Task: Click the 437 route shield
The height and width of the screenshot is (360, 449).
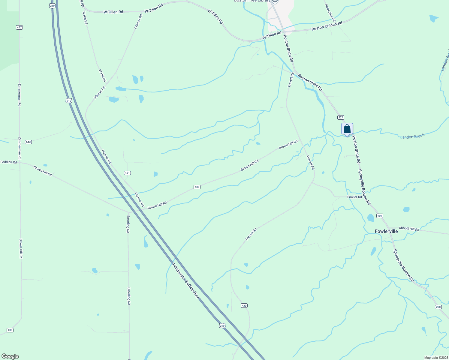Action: pos(20,27)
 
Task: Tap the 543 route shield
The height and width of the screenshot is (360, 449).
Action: pos(28,142)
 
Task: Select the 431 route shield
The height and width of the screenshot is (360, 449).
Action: pos(128,173)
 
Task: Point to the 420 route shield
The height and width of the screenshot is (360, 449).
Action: pos(244,306)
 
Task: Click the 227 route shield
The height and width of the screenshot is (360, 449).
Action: pos(341,117)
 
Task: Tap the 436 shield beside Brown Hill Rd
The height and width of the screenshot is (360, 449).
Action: pos(197,187)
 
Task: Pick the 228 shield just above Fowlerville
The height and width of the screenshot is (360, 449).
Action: pos(380,216)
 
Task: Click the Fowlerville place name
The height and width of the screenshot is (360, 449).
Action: pos(386,231)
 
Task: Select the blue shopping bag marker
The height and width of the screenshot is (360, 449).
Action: pos(347,129)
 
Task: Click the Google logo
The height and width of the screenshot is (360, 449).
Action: pos(10,356)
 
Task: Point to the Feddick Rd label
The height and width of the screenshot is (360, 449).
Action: pos(9,162)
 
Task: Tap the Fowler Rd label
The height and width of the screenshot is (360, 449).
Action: pos(354,197)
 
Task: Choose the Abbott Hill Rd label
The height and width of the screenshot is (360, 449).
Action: pos(409,229)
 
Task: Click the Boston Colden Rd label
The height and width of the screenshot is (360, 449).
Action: pos(327,26)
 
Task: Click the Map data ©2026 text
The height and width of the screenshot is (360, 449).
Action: pos(435,358)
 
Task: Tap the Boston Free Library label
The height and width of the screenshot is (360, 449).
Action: pos(252,1)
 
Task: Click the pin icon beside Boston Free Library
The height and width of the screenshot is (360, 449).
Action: pos(275,1)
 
